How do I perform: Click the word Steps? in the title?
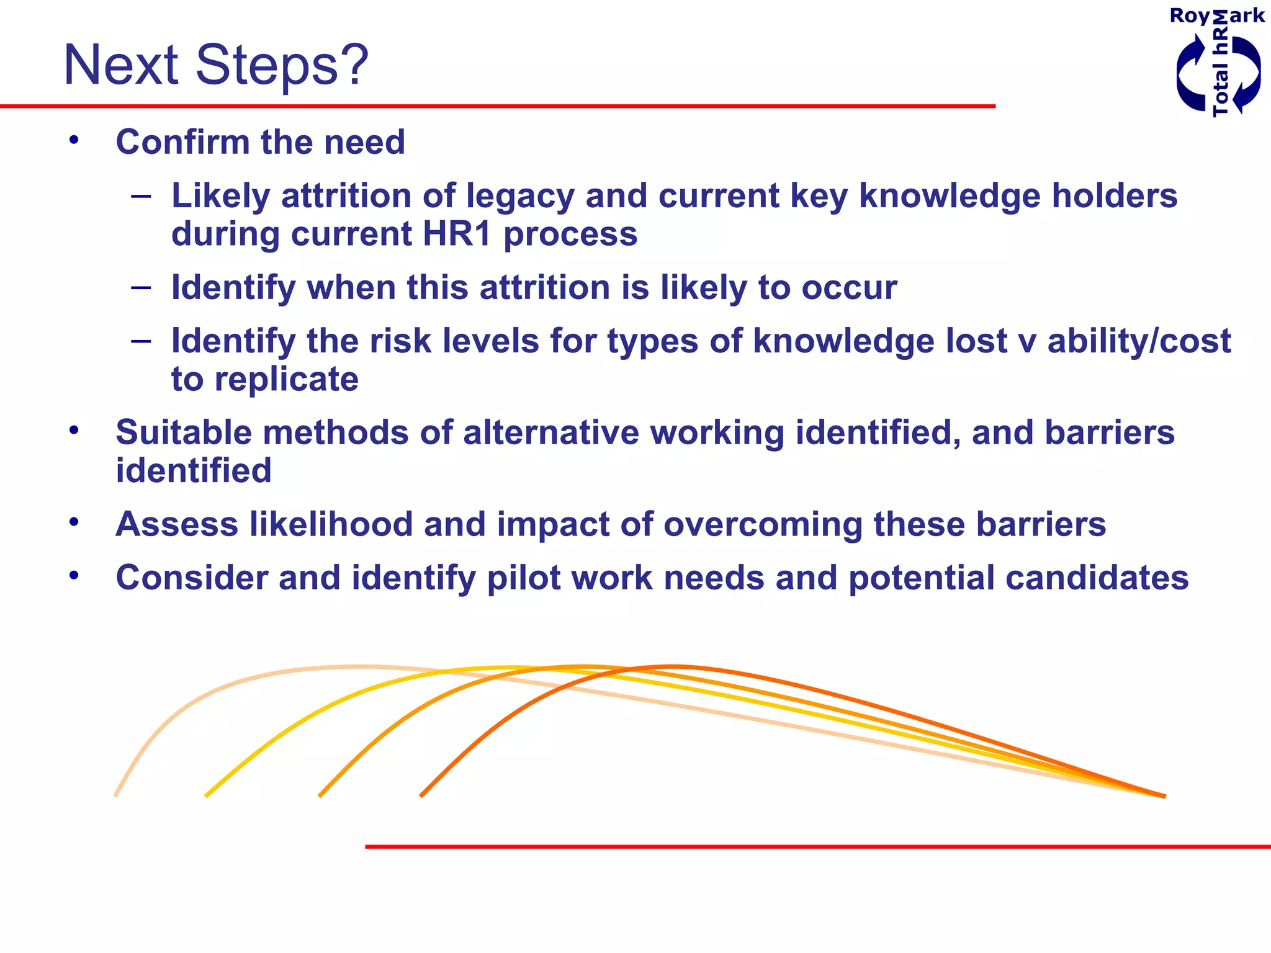tap(282, 66)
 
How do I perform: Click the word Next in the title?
tap(121, 66)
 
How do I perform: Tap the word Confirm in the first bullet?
tap(182, 142)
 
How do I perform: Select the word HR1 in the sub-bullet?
tap(457, 234)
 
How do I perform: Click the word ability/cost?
tap(1139, 341)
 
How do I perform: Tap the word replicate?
tap(286, 380)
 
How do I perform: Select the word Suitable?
tap(183, 432)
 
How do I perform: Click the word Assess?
tap(177, 524)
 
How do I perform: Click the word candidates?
tap(1097, 578)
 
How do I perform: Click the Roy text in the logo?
tap(1189, 16)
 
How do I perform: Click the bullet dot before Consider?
tap(74, 576)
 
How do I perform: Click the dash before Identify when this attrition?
tap(141, 287)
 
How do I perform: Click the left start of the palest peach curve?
tap(117, 794)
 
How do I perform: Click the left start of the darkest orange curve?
tap(422, 795)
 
